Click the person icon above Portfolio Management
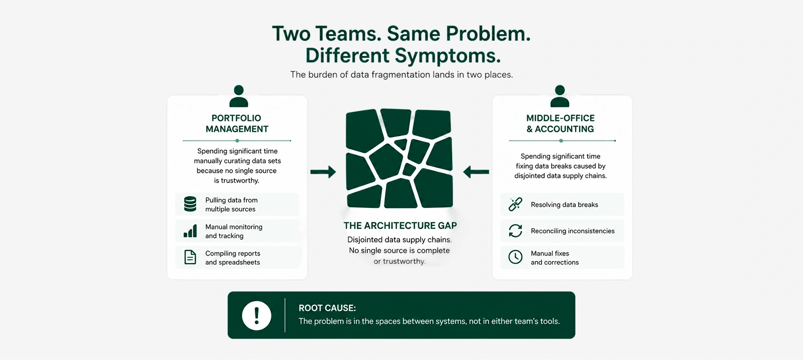click(x=238, y=96)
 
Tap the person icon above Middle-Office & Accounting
click(x=560, y=96)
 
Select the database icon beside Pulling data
click(x=190, y=204)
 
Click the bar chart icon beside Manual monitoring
click(x=190, y=231)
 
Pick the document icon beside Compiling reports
click(x=190, y=257)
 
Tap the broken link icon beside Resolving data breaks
click(x=515, y=204)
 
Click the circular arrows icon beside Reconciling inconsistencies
click(x=515, y=230)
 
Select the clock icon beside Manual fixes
click(x=515, y=257)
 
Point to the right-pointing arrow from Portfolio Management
click(x=323, y=172)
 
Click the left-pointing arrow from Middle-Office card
click(x=476, y=172)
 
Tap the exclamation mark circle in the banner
click(x=256, y=315)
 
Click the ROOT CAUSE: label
click(x=327, y=308)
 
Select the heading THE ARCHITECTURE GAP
click(x=400, y=225)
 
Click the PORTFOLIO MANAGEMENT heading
click(x=237, y=124)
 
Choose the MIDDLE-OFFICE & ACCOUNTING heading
click(x=560, y=124)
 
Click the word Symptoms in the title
click(x=448, y=56)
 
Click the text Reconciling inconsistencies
click(x=573, y=231)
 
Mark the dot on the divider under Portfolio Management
click(x=237, y=141)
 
